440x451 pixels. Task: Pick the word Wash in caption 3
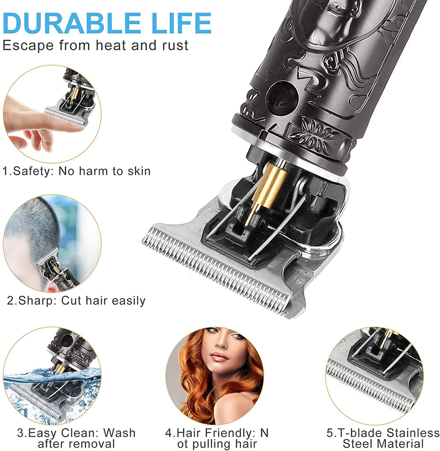click(x=119, y=433)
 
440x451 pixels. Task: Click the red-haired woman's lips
click(x=219, y=357)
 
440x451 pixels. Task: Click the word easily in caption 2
click(x=129, y=301)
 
